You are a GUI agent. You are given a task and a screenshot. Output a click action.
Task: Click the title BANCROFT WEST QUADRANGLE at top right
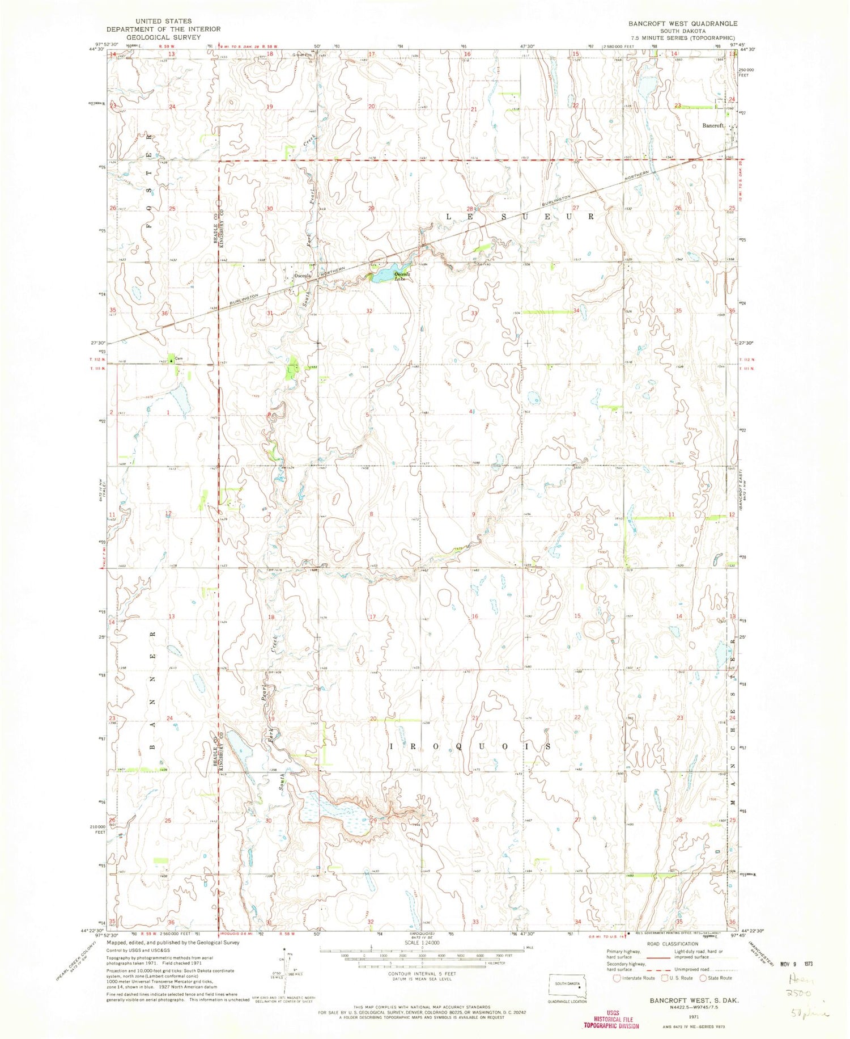click(674, 24)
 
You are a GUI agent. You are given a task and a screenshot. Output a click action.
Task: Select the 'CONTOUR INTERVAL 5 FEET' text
click(422, 974)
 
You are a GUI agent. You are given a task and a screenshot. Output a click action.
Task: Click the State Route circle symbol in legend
click(704, 978)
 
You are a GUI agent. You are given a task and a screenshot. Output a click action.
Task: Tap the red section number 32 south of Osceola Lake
click(369, 311)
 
